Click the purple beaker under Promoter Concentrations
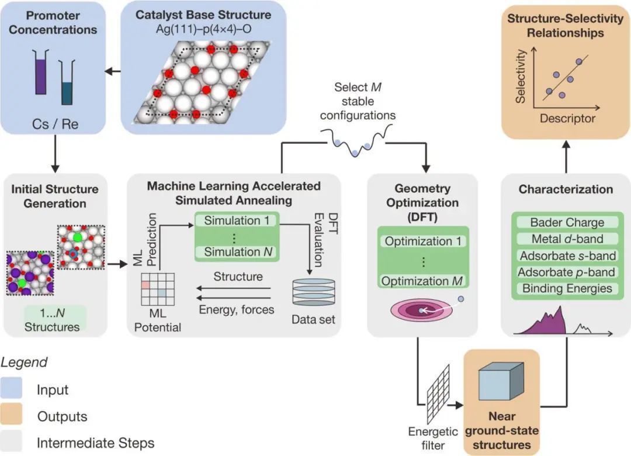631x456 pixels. (x=40, y=72)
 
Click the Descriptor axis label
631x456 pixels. (x=567, y=119)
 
